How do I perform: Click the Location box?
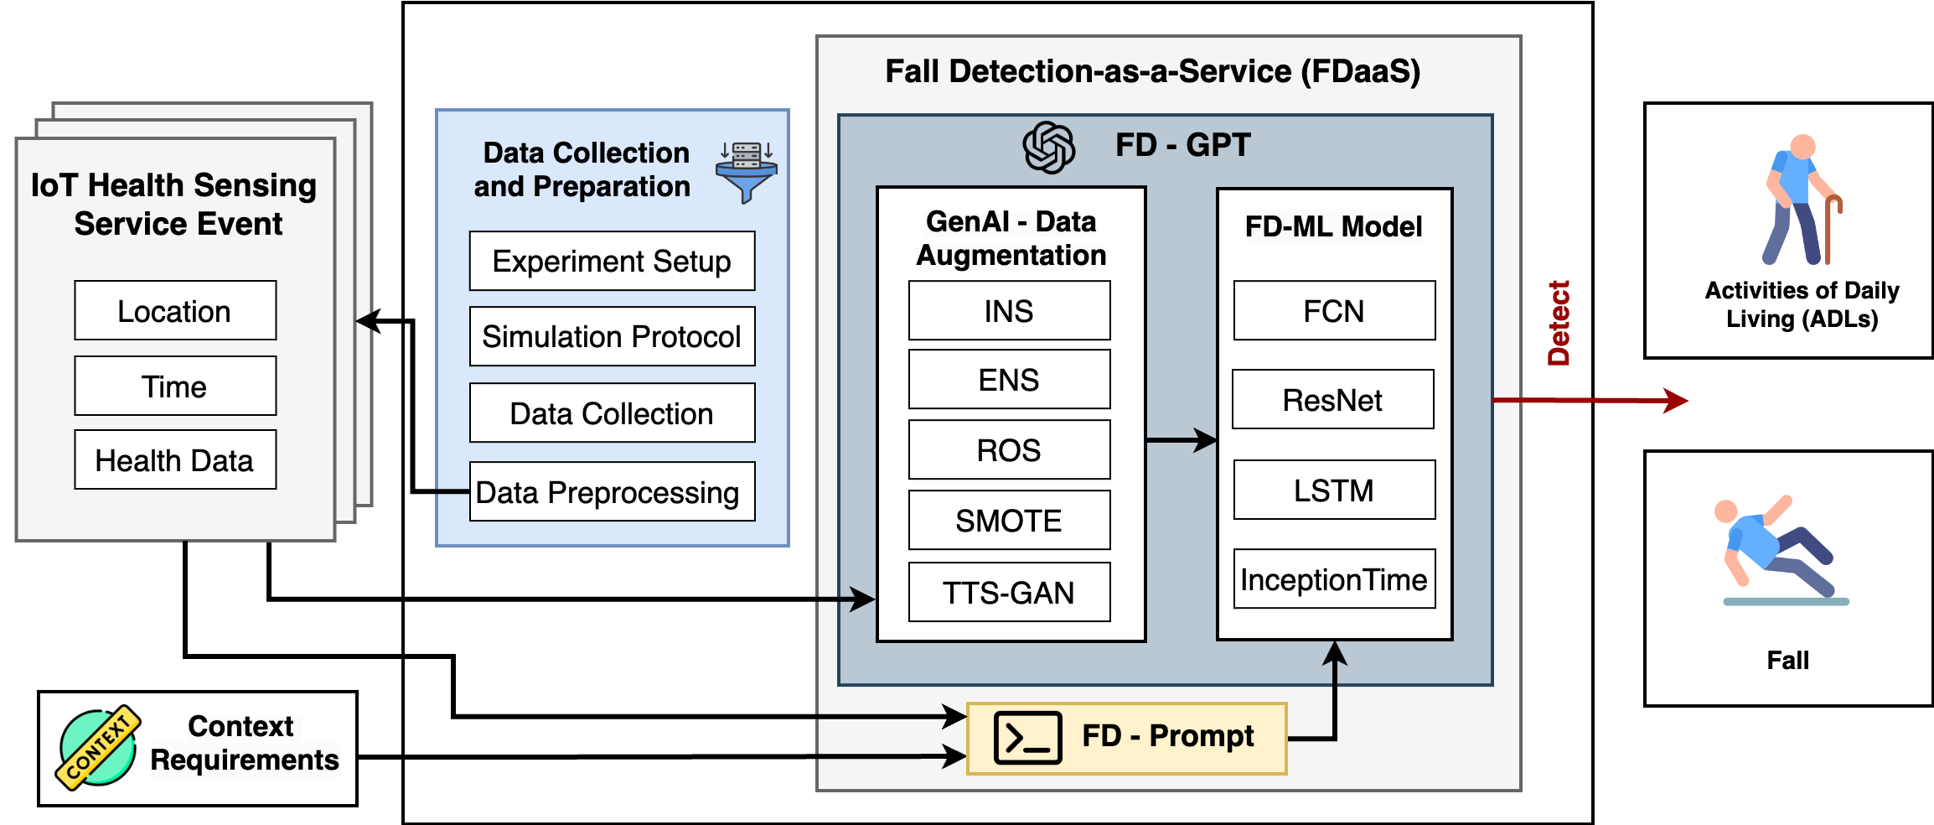click(x=175, y=311)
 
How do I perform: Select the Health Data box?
click(x=175, y=460)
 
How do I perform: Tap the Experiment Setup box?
click(x=612, y=262)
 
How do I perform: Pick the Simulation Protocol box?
click(x=612, y=337)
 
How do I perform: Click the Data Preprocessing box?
click(x=612, y=492)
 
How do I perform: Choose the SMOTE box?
click(x=1009, y=521)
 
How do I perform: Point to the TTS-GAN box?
click(x=1009, y=593)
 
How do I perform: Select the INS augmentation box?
click(x=1009, y=311)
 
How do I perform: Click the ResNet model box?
click(x=1333, y=400)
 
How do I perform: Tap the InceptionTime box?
click(x=1334, y=579)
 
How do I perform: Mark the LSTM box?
click(x=1334, y=490)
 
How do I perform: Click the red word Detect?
click(x=1558, y=324)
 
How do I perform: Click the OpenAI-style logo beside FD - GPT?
click(x=1048, y=148)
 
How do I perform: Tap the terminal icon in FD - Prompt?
click(x=1027, y=738)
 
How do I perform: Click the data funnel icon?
click(x=746, y=172)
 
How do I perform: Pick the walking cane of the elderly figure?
click(x=1830, y=228)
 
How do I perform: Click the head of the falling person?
click(x=1726, y=511)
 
